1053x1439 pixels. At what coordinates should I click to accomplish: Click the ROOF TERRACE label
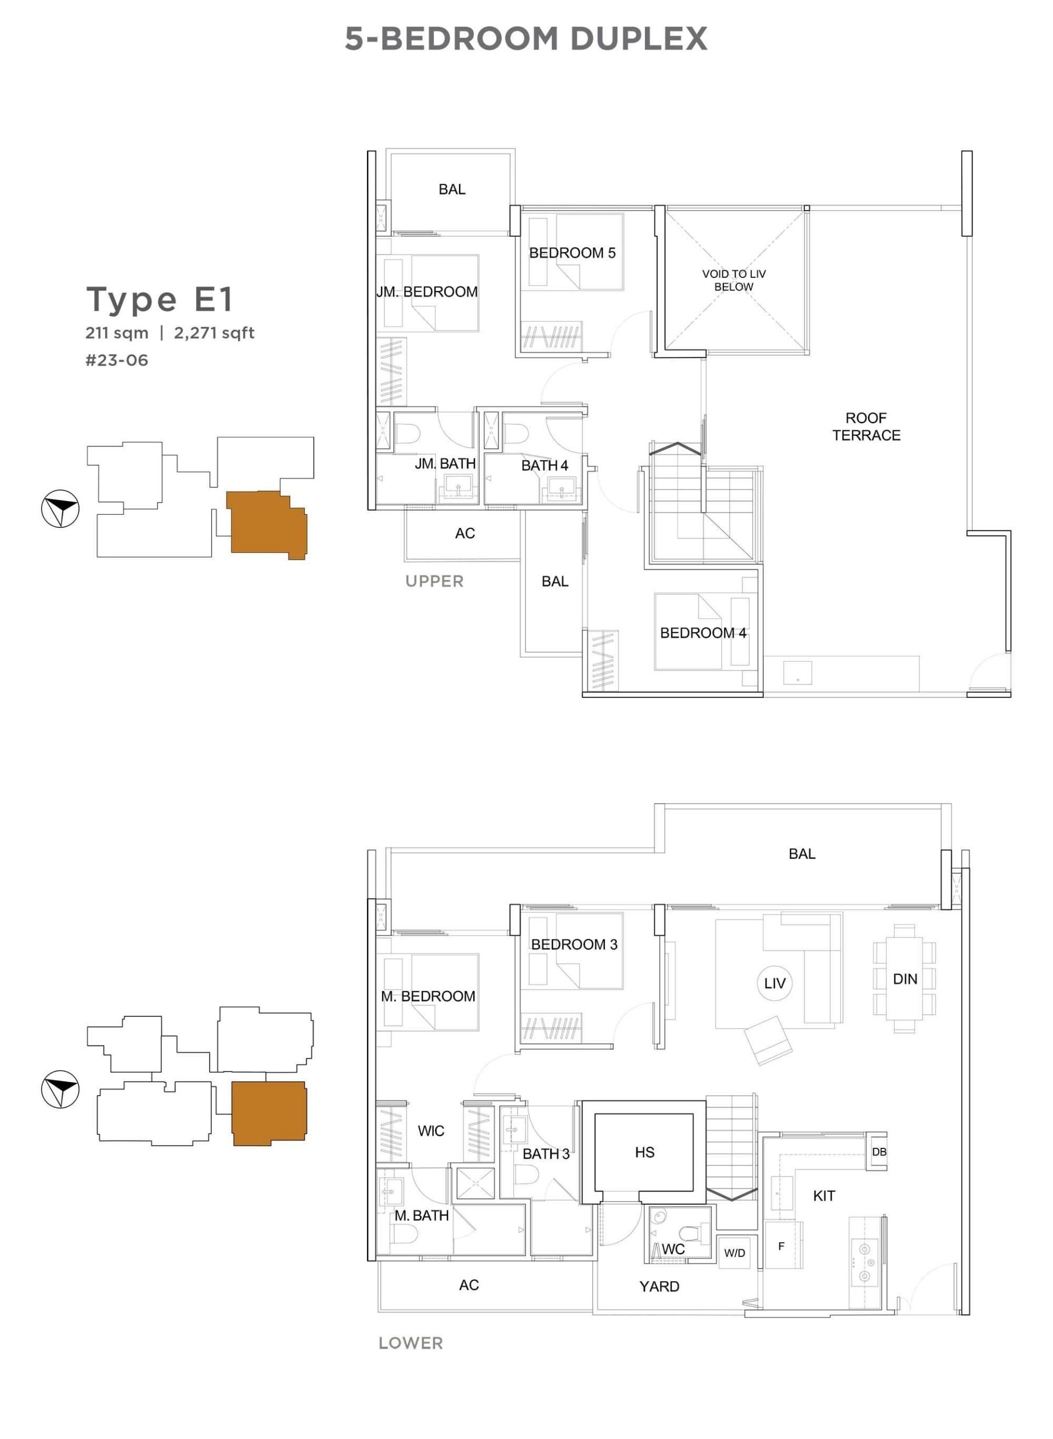(x=865, y=427)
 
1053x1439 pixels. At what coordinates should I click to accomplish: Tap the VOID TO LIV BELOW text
(x=734, y=280)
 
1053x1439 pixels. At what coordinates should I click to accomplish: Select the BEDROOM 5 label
(x=573, y=253)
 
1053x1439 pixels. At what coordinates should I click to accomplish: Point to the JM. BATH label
(x=445, y=464)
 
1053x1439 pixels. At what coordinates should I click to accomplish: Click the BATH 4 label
(x=545, y=465)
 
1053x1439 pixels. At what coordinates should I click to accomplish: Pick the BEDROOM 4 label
(x=703, y=633)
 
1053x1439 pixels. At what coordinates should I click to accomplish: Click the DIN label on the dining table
(x=904, y=979)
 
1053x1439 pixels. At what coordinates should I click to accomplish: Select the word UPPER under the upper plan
(x=435, y=581)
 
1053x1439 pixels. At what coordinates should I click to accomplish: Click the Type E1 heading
(x=160, y=300)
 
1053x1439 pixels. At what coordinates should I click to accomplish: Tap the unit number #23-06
(x=117, y=361)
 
